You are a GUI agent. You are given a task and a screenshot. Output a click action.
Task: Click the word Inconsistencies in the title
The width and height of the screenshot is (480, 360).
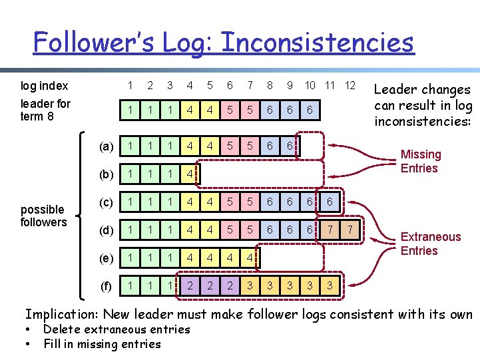pyautogui.click(x=317, y=43)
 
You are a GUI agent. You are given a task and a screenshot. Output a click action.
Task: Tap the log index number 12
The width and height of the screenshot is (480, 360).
pyautogui.click(x=350, y=85)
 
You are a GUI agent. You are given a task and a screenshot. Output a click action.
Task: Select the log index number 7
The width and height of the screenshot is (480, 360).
pyautogui.click(x=250, y=85)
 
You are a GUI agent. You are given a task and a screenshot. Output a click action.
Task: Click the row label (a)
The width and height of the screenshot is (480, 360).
pyautogui.click(x=106, y=146)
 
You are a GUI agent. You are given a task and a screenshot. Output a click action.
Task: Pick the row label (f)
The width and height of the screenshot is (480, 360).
pyautogui.click(x=106, y=287)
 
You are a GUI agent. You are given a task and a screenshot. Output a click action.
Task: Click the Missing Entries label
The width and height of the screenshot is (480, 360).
pyautogui.click(x=420, y=161)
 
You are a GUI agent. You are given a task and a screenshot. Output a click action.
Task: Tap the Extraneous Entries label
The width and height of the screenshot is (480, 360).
pyautogui.click(x=430, y=244)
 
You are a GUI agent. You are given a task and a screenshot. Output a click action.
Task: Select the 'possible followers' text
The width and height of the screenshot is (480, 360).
pyautogui.click(x=43, y=216)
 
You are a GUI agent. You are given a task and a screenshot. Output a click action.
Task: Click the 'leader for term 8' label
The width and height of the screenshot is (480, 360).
pyautogui.click(x=45, y=110)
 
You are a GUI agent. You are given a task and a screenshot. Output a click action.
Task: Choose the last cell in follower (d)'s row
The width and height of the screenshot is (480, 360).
pyautogui.click(x=350, y=230)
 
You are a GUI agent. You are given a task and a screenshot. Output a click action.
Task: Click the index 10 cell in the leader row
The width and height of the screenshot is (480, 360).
pyautogui.click(x=310, y=109)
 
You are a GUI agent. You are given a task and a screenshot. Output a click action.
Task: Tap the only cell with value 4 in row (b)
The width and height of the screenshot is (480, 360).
pyautogui.click(x=190, y=174)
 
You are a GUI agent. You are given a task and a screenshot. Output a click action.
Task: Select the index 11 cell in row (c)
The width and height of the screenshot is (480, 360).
pyautogui.click(x=330, y=202)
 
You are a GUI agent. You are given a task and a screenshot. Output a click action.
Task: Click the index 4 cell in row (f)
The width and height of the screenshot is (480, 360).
pyautogui.click(x=190, y=286)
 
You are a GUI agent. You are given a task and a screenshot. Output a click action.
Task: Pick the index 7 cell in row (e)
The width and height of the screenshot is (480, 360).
pyautogui.click(x=250, y=258)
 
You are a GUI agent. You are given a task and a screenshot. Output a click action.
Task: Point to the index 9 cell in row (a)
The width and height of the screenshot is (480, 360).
pyautogui.click(x=290, y=146)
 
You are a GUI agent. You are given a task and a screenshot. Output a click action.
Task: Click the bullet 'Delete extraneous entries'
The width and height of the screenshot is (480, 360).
pyautogui.click(x=117, y=329)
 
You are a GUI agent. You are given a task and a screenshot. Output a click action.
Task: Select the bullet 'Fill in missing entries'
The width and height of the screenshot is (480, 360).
pyautogui.click(x=102, y=344)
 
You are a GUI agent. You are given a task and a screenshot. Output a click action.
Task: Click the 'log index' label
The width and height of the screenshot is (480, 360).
pyautogui.click(x=44, y=86)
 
